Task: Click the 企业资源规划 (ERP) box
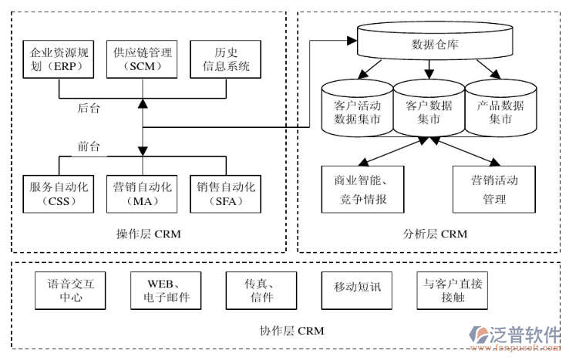[58, 59]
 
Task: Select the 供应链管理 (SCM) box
[141, 59]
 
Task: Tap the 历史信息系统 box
[226, 59]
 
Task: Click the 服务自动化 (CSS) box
[58, 193]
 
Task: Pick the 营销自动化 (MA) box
[141, 193]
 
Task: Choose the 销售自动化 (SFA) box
[226, 193]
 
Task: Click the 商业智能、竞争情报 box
[360, 189]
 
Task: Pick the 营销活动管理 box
[494, 189]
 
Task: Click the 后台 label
[89, 109]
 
